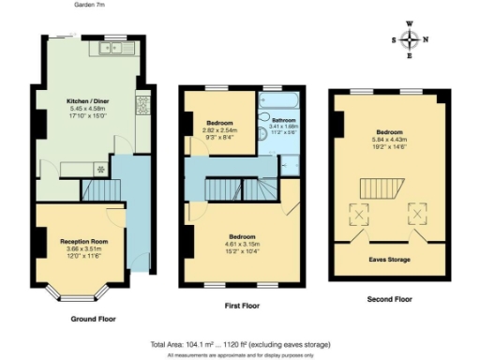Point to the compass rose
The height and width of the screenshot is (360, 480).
point(410,39)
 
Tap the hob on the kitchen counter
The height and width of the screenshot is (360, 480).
point(142,105)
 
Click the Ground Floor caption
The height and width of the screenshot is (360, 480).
point(94,320)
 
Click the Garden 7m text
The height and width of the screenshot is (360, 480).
point(89,5)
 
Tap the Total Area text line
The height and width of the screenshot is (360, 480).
point(240,344)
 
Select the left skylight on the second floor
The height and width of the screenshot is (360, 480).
point(360,216)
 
